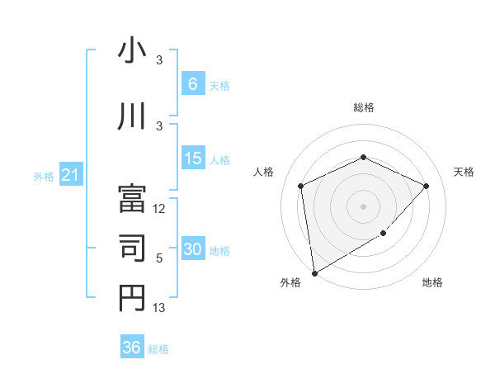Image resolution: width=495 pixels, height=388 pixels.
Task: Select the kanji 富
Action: coord(132,196)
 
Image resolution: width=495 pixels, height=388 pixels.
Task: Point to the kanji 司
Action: coord(132,246)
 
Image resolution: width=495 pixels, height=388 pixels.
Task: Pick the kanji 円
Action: coord(132,297)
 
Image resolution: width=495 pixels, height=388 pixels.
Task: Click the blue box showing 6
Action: coord(192,83)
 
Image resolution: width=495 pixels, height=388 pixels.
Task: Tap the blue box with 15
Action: coord(192,159)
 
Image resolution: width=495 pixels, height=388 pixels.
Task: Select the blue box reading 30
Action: coord(192,250)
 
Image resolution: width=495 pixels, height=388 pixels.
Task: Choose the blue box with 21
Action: coord(71,175)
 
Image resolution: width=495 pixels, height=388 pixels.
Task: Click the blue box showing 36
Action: coord(131,348)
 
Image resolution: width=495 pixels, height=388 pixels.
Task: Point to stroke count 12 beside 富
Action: coord(160,209)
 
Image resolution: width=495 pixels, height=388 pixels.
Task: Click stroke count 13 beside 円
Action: coord(160,308)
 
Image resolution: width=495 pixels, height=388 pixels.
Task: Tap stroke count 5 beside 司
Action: coord(159,258)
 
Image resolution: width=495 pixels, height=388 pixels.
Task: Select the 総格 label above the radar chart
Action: coord(364,107)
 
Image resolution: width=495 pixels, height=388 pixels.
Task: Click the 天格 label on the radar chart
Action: coord(464,172)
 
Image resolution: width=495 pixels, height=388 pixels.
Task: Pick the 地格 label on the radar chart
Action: coord(432,282)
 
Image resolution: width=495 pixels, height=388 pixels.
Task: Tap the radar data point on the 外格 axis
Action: coord(314,272)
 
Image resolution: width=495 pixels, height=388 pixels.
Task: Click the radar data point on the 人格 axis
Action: coord(301,186)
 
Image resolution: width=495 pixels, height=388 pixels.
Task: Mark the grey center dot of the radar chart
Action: coord(364,206)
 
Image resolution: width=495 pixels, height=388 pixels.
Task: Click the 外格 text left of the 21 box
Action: coord(44,176)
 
